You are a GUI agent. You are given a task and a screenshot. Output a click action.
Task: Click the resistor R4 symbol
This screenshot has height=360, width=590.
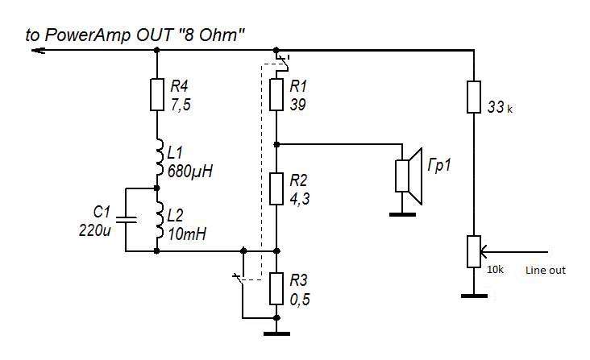pyautogui.click(x=156, y=93)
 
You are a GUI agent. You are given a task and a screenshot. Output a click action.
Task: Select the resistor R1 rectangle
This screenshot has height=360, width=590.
pyautogui.click(x=276, y=93)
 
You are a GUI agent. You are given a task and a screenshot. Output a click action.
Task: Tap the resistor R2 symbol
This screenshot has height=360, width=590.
pyautogui.click(x=276, y=188)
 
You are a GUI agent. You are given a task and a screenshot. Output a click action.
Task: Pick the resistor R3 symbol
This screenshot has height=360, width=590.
pyautogui.click(x=276, y=289)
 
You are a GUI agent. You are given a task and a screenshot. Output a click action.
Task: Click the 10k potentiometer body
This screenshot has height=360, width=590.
pyautogui.click(x=474, y=251)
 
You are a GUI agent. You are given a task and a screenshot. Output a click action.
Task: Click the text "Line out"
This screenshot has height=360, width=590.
pyautogui.click(x=545, y=271)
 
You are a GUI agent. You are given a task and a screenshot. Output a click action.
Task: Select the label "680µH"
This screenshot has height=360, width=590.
pyautogui.click(x=188, y=171)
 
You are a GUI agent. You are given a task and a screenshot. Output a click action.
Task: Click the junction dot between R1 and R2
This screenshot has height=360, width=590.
pyautogui.click(x=276, y=143)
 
